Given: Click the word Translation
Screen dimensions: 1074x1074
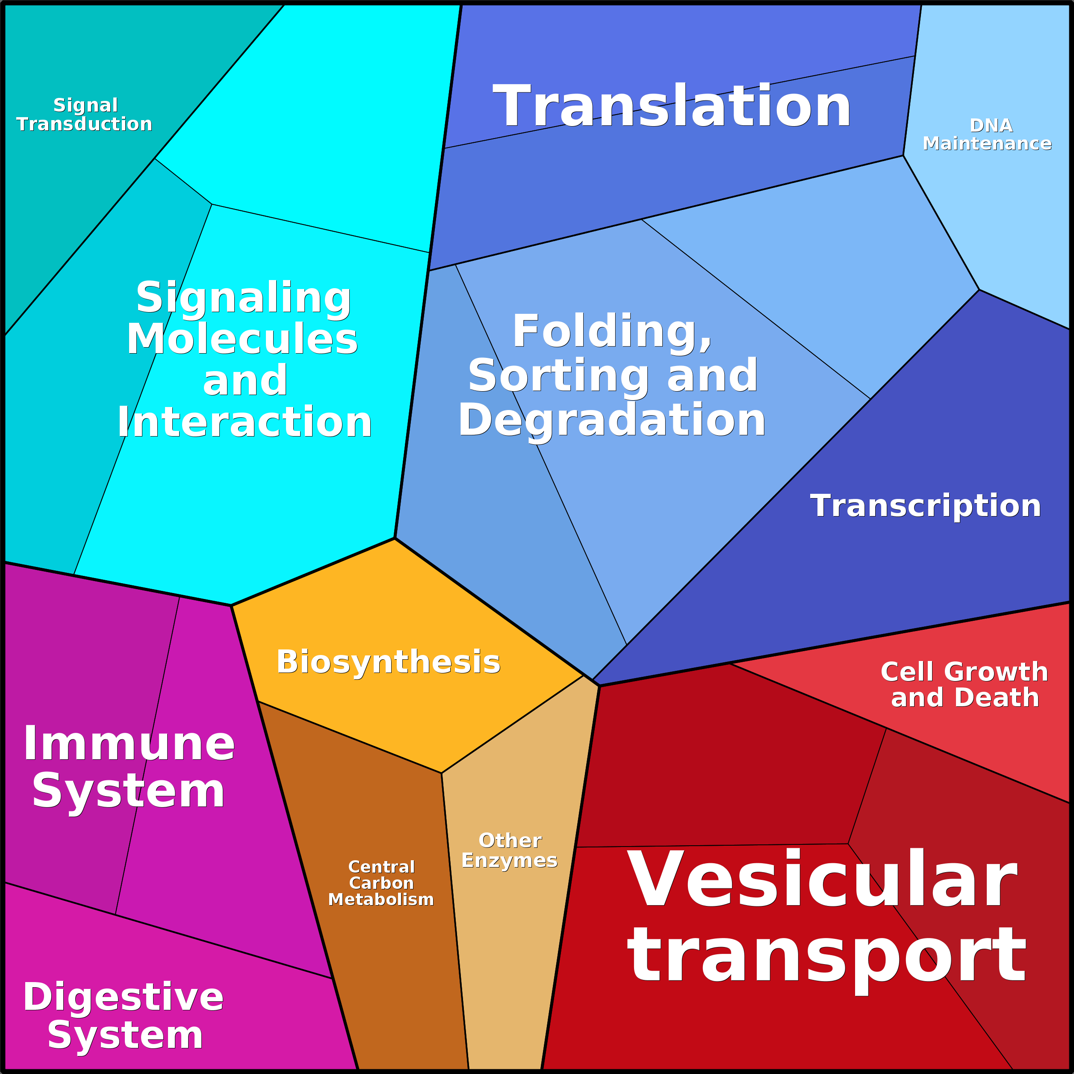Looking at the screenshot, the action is (672, 106).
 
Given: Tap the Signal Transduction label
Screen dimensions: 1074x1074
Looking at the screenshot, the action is (85, 115).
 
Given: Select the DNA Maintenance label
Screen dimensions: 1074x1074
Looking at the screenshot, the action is (987, 135).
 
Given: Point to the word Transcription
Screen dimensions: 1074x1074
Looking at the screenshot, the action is (926, 506).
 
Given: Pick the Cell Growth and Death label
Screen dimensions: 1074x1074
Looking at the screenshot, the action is (965, 685).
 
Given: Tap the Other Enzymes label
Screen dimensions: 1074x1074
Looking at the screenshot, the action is (510, 850).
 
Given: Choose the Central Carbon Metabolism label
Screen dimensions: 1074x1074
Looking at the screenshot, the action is (381, 883).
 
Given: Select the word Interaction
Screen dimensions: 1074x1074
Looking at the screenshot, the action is (245, 422).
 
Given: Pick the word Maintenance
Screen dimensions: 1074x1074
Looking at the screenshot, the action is (987, 143).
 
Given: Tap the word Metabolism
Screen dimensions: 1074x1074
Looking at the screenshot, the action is (381, 900).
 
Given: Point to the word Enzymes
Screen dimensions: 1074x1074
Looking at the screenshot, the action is (510, 861).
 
